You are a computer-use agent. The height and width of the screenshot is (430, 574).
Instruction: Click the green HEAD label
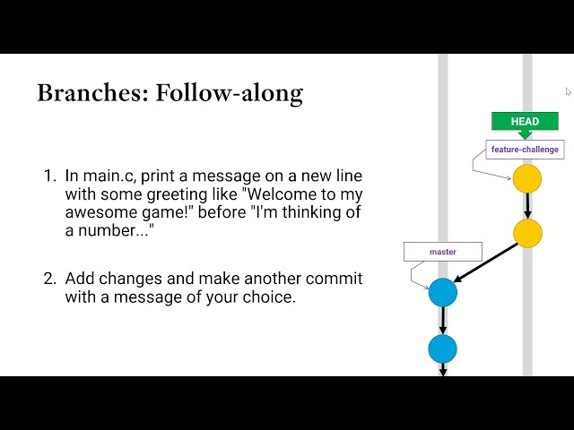click(x=525, y=122)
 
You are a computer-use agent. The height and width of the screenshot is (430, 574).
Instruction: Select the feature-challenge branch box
click(x=525, y=150)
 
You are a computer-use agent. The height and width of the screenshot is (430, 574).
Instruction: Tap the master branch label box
click(x=443, y=252)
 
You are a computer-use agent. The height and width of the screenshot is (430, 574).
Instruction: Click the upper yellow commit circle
click(x=527, y=178)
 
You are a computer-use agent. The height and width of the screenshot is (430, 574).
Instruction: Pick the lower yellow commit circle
click(x=527, y=233)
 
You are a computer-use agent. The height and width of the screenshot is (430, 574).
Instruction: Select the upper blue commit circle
click(x=443, y=292)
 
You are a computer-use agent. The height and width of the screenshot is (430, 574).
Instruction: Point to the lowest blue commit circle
click(x=442, y=348)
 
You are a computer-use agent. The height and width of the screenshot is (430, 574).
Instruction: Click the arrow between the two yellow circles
click(x=527, y=206)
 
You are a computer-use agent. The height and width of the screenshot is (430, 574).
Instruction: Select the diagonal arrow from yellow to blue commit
click(x=485, y=262)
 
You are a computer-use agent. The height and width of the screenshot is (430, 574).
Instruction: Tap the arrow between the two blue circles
click(x=443, y=321)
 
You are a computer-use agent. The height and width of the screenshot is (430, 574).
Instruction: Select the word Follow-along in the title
click(x=230, y=93)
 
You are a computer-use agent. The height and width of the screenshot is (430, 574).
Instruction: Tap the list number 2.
click(x=50, y=279)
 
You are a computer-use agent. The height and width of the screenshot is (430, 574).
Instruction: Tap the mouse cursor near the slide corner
click(x=568, y=91)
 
